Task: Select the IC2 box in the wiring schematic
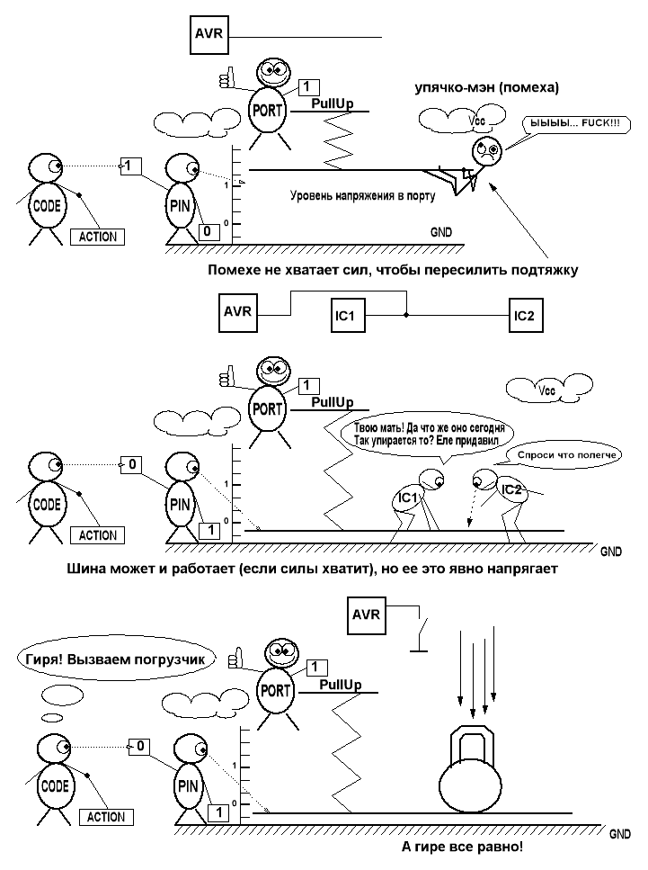[524, 316]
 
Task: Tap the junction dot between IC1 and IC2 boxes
[406, 316]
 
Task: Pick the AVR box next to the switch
[366, 616]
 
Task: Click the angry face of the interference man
[486, 149]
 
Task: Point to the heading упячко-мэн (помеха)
[486, 88]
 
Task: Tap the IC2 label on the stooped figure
[511, 489]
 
